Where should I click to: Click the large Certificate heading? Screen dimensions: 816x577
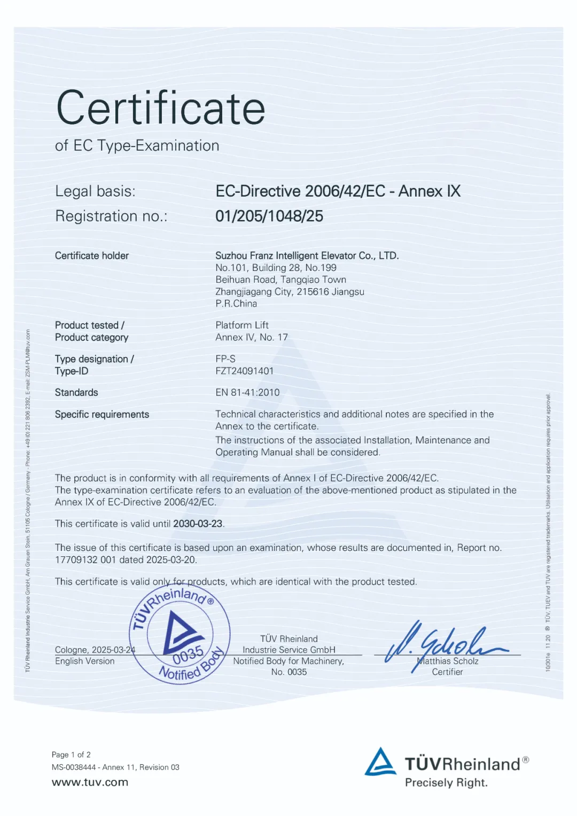(x=160, y=108)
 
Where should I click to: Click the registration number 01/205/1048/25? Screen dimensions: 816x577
(x=269, y=216)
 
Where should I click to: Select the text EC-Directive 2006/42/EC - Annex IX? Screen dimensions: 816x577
(x=338, y=191)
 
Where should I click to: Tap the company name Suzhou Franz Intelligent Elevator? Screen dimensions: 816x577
(x=307, y=256)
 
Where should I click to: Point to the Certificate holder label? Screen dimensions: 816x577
(x=92, y=256)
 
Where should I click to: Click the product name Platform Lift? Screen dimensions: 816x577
(x=242, y=325)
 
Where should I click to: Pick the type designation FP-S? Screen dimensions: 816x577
(x=225, y=359)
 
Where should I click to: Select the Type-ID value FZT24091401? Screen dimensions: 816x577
(x=244, y=371)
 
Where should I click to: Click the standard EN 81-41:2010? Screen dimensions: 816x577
(x=247, y=393)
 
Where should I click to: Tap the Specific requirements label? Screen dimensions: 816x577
(x=102, y=415)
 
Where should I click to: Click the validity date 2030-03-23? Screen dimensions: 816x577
(x=198, y=524)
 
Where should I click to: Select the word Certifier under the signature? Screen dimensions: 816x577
(x=447, y=672)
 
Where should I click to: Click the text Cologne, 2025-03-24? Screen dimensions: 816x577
(x=95, y=650)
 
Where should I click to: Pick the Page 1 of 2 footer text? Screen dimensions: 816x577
(x=71, y=755)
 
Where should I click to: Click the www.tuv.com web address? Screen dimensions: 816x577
(x=90, y=782)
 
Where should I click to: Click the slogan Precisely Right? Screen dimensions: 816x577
(x=446, y=783)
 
